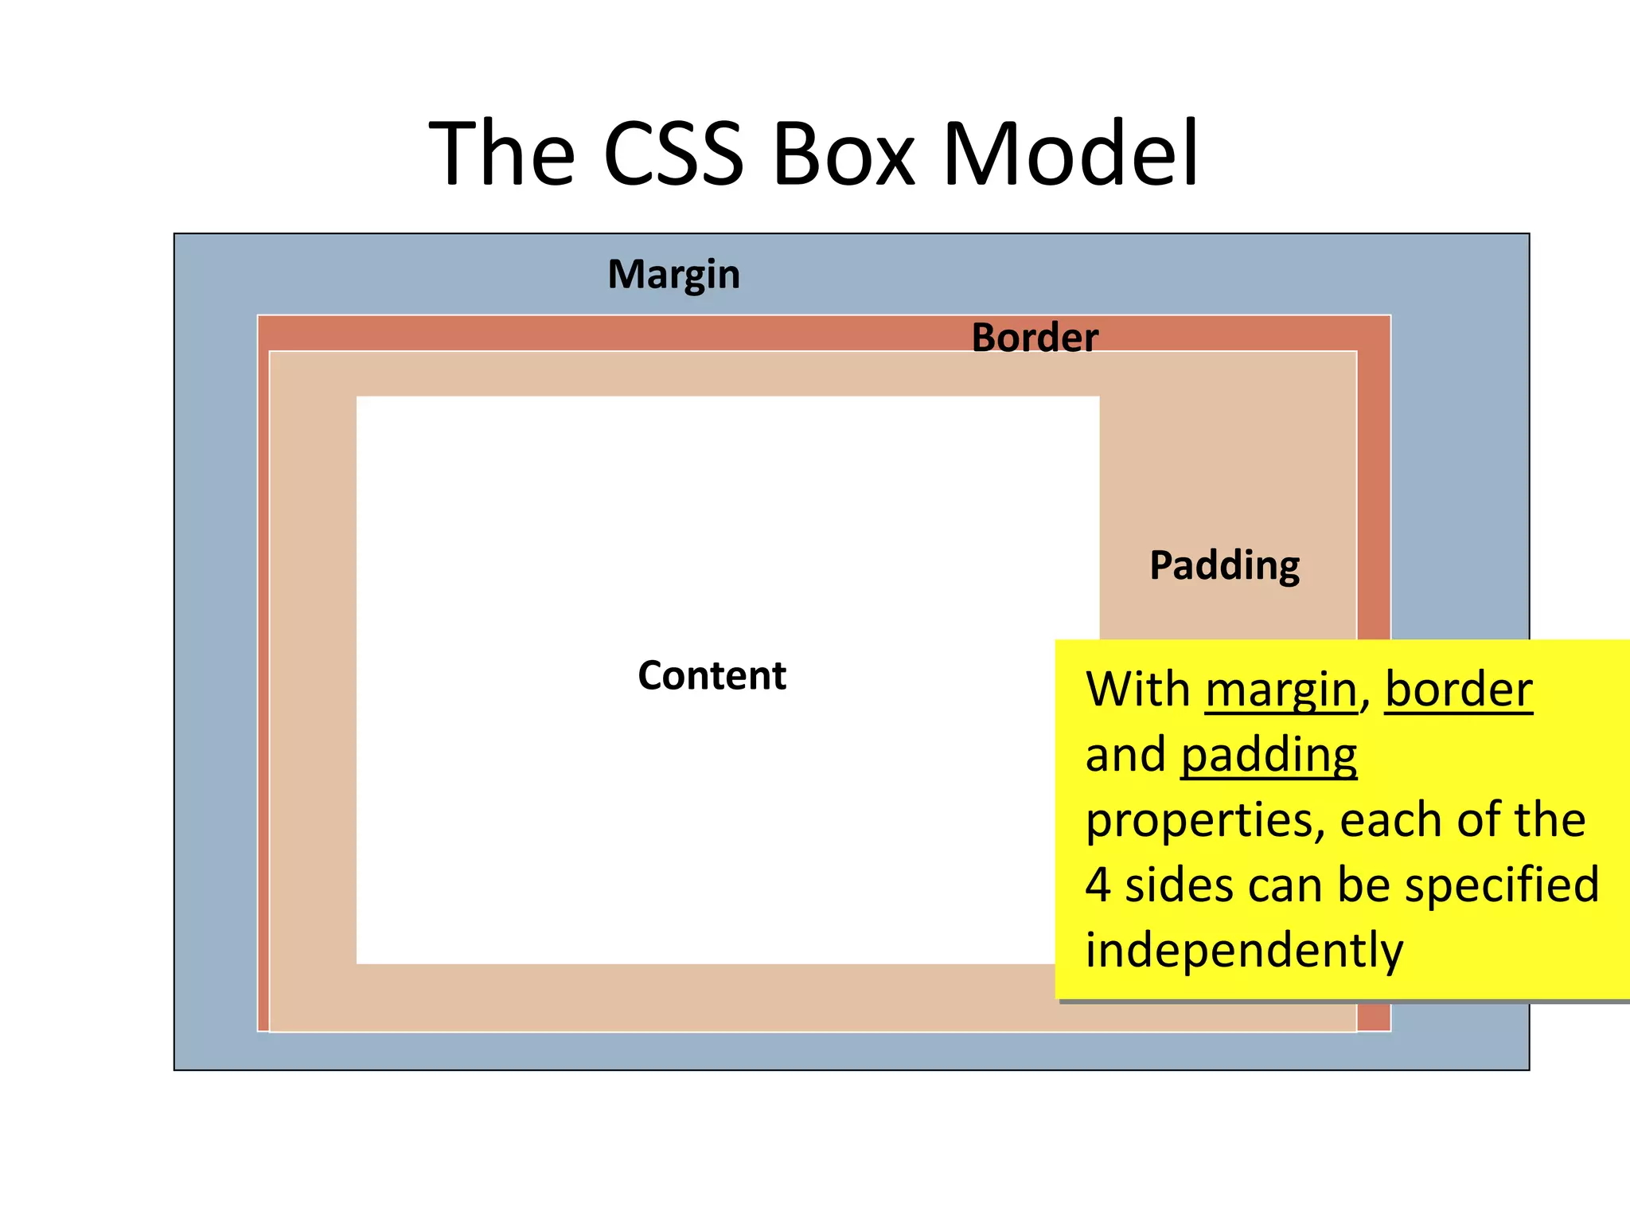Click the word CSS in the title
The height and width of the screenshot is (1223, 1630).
tap(673, 153)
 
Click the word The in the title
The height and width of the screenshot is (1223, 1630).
tap(502, 153)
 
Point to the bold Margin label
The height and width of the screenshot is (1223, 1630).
tap(673, 275)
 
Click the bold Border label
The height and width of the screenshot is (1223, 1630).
tap(1035, 338)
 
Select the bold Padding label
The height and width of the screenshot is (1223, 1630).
tap(1224, 566)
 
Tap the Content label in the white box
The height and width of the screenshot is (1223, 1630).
tap(712, 676)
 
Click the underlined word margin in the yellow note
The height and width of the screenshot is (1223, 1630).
tap(1281, 690)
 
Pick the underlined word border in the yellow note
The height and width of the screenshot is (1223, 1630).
tap(1458, 690)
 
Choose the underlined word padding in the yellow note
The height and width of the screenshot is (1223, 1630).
tap(1269, 755)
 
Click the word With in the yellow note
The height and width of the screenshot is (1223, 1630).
tap(1137, 690)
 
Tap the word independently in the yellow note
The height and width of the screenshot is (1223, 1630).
tap(1244, 951)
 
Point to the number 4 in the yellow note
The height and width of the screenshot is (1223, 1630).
tap(1098, 885)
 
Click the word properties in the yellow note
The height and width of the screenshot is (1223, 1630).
tap(1204, 822)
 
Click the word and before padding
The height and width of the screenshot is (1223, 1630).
tap(1125, 755)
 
